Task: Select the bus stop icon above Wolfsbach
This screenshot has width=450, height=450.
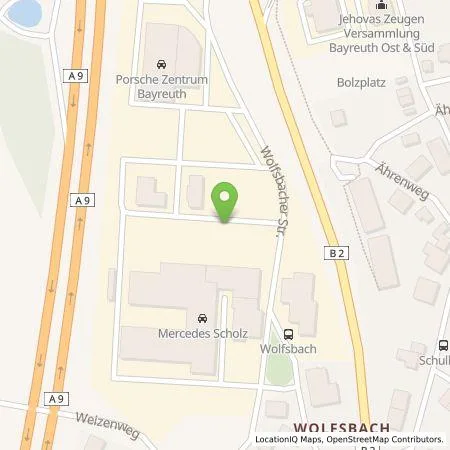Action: click(289, 335)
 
